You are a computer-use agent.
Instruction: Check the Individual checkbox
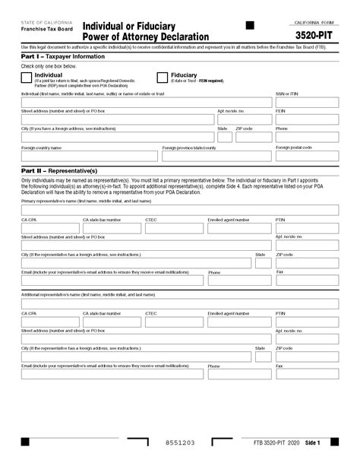[x=27, y=77]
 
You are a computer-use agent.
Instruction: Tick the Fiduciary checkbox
[x=162, y=77]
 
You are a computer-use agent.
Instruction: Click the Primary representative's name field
[x=180, y=209]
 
